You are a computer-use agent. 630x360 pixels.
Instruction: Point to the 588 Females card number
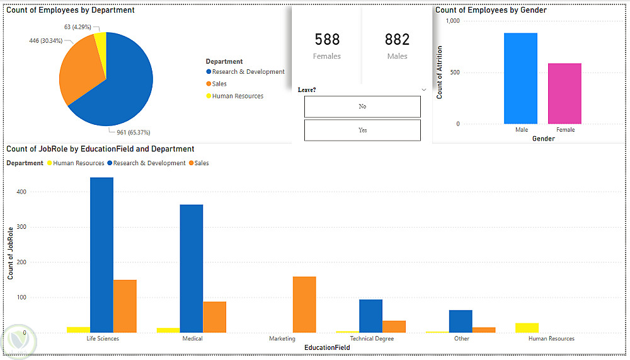point(327,40)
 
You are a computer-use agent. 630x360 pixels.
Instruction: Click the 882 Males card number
point(397,40)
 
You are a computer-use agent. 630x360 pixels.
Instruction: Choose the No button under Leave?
point(362,107)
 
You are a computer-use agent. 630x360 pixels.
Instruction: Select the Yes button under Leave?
point(362,130)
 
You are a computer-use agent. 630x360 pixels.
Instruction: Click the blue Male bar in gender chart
point(520,78)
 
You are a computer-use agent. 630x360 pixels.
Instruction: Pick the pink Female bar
point(564,93)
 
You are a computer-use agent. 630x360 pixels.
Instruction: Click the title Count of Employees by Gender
point(491,10)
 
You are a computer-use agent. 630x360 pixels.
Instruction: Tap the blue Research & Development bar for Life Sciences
point(101,255)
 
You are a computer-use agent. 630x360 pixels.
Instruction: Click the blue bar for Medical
point(192,268)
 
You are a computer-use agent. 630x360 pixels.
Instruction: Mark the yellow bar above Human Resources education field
point(527,327)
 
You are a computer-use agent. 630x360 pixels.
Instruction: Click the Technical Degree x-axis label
point(372,339)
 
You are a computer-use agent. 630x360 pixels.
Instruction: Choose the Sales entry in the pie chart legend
point(219,84)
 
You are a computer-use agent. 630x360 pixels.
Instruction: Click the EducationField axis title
point(327,347)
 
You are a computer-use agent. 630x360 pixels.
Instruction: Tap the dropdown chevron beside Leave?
point(424,90)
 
